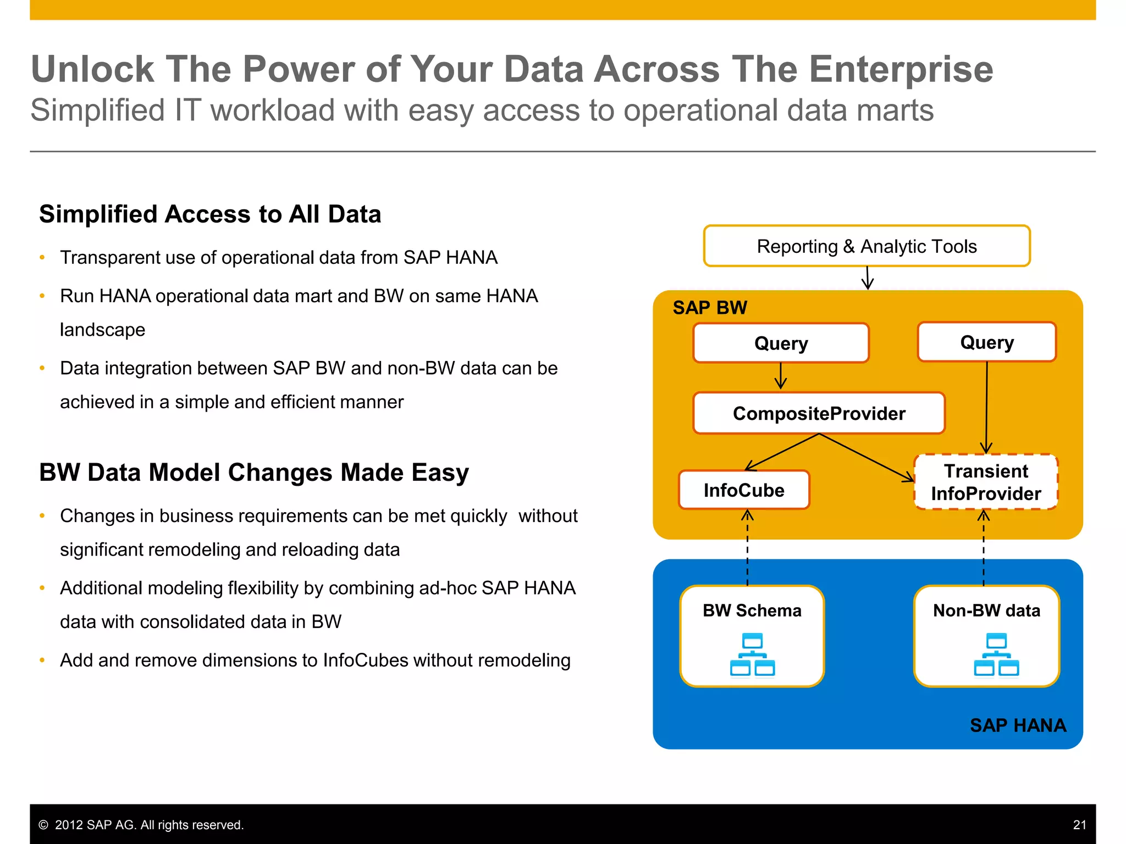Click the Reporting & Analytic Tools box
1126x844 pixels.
pyautogui.click(x=866, y=246)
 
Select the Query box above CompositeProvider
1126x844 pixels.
pyautogui.click(x=781, y=343)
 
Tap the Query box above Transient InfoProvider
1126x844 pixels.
pyautogui.click(x=987, y=342)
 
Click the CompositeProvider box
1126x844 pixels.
pyautogui.click(x=819, y=413)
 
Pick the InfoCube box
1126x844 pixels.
pyautogui.click(x=744, y=490)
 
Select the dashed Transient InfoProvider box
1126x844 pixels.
pyautogui.click(x=986, y=482)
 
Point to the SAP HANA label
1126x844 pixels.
pyautogui.click(x=1018, y=725)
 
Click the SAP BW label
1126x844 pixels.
pyautogui.click(x=710, y=308)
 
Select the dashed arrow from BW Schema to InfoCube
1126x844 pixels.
pyautogui.click(x=747, y=549)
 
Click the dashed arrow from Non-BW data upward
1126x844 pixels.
pyautogui.click(x=984, y=549)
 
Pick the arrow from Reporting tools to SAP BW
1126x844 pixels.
pyautogui.click(x=868, y=278)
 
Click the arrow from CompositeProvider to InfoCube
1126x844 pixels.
pyautogui.click(x=781, y=452)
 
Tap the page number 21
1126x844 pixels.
pyautogui.click(x=1079, y=825)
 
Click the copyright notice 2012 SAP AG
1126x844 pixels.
pyautogui.click(x=141, y=825)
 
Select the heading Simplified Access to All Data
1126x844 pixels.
pyautogui.click(x=210, y=214)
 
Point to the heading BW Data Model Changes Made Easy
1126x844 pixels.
pyautogui.click(x=254, y=472)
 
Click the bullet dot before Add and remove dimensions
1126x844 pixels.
pyautogui.click(x=42, y=660)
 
